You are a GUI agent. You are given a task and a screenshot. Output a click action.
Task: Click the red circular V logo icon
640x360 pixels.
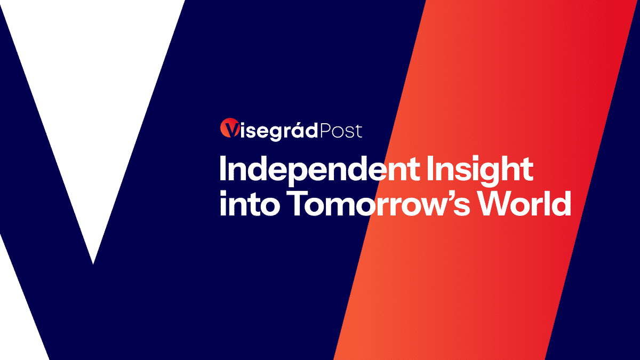coord(229,127)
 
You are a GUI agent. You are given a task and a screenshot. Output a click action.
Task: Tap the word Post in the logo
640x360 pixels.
coord(341,131)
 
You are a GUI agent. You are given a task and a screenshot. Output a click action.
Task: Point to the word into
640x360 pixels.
coord(249,203)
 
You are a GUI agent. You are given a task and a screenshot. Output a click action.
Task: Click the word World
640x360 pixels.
coord(525,203)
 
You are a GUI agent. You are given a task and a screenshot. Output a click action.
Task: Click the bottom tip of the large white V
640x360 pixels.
coord(93,263)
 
